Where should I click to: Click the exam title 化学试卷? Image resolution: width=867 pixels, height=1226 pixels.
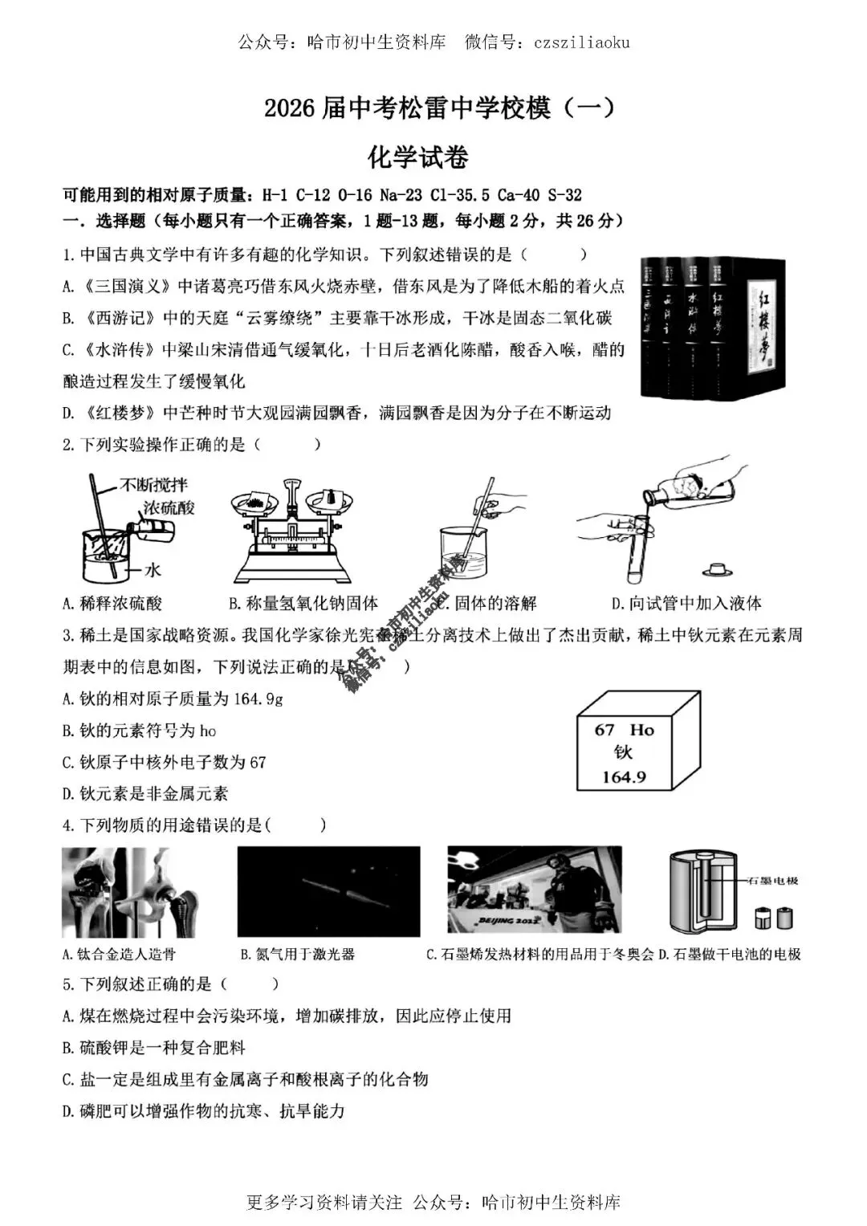[417, 157]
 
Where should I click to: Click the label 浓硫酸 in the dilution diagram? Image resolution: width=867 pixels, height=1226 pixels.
[169, 507]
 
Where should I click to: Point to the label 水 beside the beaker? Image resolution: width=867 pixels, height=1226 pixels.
[153, 569]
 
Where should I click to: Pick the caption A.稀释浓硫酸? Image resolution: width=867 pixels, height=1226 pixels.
[112, 604]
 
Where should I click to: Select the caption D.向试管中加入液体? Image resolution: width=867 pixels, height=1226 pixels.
[686, 604]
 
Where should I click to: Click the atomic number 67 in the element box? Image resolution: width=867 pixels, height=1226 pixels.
[604, 730]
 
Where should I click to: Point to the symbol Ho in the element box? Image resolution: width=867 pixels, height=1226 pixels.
[641, 730]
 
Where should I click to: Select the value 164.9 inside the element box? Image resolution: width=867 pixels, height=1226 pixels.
[624, 777]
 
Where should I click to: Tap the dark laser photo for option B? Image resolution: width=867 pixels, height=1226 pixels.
[328, 891]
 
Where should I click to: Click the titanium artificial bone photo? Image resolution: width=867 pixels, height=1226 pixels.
[128, 891]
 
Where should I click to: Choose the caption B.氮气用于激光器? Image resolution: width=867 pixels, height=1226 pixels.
[297, 955]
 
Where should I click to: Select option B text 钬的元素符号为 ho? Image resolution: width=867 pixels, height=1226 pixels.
[139, 731]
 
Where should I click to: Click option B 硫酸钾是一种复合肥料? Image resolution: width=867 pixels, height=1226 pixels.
[153, 1048]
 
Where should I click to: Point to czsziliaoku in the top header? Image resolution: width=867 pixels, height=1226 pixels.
[581, 43]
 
